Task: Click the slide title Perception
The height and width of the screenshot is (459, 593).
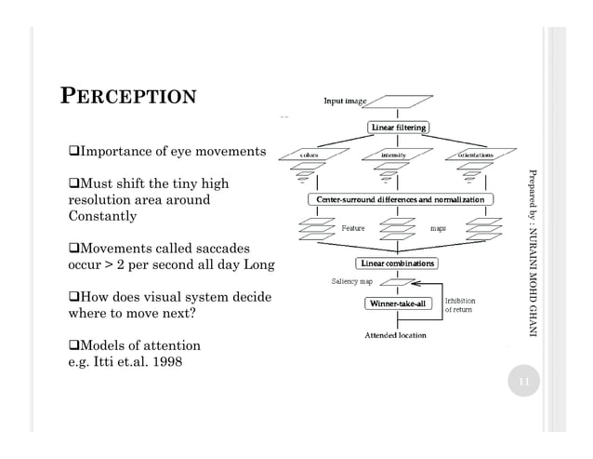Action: point(128,97)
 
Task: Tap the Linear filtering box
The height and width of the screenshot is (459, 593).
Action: point(399,127)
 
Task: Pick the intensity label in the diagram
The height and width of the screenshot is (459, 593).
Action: point(398,155)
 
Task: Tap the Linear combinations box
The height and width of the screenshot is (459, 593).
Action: point(398,263)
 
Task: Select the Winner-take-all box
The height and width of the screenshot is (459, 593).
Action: point(398,303)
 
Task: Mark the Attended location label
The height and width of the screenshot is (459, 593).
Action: point(395,334)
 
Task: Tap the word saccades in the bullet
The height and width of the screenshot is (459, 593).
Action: point(216,250)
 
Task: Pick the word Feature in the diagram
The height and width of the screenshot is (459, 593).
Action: point(353,227)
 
